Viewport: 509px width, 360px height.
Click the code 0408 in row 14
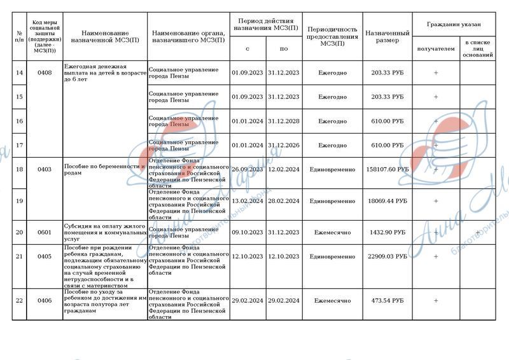(x=45, y=73)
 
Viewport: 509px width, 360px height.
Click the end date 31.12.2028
(x=283, y=121)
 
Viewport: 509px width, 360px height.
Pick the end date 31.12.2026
(x=283, y=146)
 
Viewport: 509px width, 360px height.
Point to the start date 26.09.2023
(x=248, y=170)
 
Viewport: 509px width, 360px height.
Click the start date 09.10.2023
(x=248, y=233)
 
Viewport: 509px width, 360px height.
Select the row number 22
(x=19, y=300)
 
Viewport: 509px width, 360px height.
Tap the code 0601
(x=45, y=233)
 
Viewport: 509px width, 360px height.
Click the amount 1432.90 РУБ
(x=387, y=233)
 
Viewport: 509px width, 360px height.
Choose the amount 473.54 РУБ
(x=387, y=300)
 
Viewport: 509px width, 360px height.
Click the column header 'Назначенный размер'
(x=387, y=36)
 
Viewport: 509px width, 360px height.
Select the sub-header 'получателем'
(x=436, y=49)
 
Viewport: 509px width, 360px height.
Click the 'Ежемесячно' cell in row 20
(x=332, y=233)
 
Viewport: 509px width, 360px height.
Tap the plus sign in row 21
(x=436, y=257)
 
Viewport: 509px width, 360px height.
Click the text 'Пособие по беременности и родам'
(x=101, y=170)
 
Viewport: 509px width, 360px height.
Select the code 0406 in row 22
(x=45, y=300)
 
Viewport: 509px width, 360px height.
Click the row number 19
(x=19, y=201)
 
